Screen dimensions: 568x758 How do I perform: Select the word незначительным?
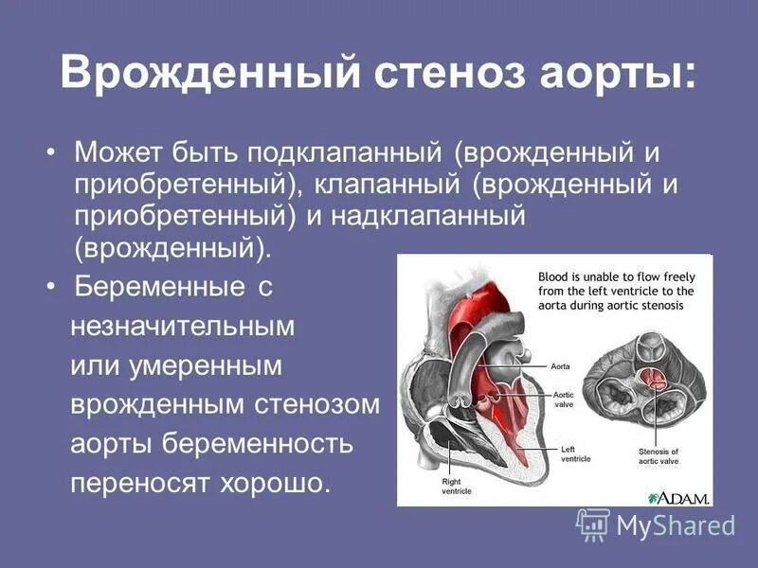coord(183,327)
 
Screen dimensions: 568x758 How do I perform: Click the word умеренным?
coord(208,365)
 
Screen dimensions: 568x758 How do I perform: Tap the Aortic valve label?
coord(565,399)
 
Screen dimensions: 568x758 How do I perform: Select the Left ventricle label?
coord(577,453)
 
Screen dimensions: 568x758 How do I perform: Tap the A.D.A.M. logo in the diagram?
coord(680,496)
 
